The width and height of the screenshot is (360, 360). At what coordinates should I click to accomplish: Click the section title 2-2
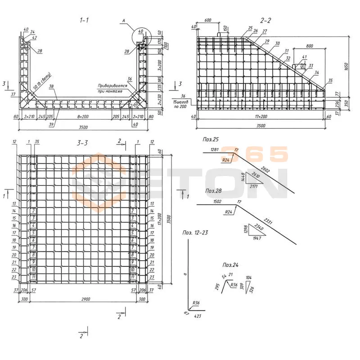point(266,20)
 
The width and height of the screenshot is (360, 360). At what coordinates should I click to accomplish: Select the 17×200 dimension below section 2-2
point(261,117)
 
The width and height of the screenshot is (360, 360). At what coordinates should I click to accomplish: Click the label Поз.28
point(213,191)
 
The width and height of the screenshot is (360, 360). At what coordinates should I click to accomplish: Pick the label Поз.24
point(231,265)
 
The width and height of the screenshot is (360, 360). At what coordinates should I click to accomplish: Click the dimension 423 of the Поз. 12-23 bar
point(197,316)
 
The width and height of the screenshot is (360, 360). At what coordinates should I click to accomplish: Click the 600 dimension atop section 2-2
point(207,20)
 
